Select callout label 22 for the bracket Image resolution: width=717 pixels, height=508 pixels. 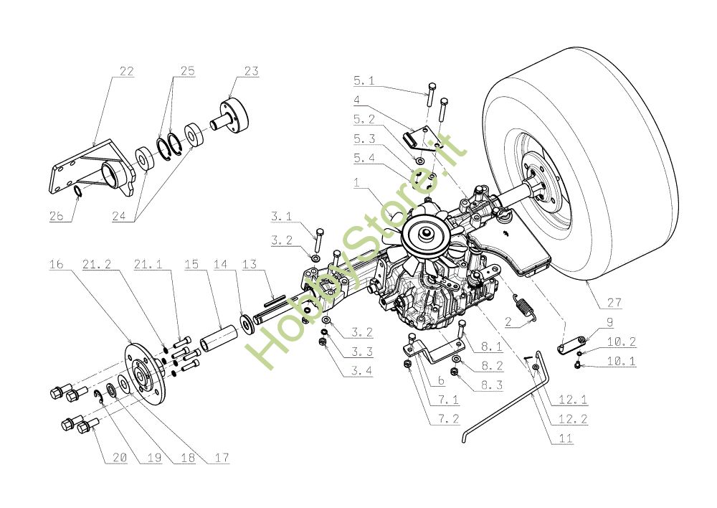126,72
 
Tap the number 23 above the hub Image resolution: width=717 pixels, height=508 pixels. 251,72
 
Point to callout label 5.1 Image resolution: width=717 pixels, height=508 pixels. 364,80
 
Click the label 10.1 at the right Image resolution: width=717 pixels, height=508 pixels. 621,362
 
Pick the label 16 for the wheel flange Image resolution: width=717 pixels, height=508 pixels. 57,265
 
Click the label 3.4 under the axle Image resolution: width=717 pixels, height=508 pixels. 363,370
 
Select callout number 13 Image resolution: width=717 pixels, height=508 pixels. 249,265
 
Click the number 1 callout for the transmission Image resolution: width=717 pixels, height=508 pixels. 356,184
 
